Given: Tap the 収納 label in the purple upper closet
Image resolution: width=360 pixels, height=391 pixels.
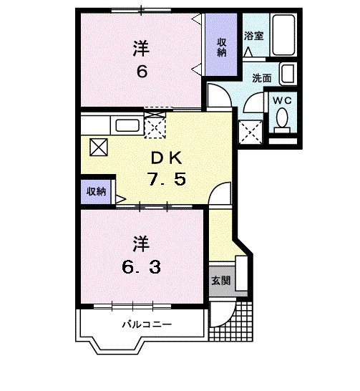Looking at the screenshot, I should point(222,47).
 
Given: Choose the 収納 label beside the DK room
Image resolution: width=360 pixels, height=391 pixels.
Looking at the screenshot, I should point(96,191).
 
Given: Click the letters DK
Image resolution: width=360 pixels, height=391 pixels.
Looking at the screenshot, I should point(165,158).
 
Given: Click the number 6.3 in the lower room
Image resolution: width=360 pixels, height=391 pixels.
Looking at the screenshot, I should point(140,267).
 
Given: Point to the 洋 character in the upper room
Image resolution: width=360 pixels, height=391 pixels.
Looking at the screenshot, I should point(140,49).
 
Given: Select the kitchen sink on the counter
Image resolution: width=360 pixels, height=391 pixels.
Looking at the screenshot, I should point(127,125).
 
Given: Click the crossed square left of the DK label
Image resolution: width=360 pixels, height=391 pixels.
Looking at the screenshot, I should point(98,147).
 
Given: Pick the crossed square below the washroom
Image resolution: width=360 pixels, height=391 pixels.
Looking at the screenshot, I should point(250,132).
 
